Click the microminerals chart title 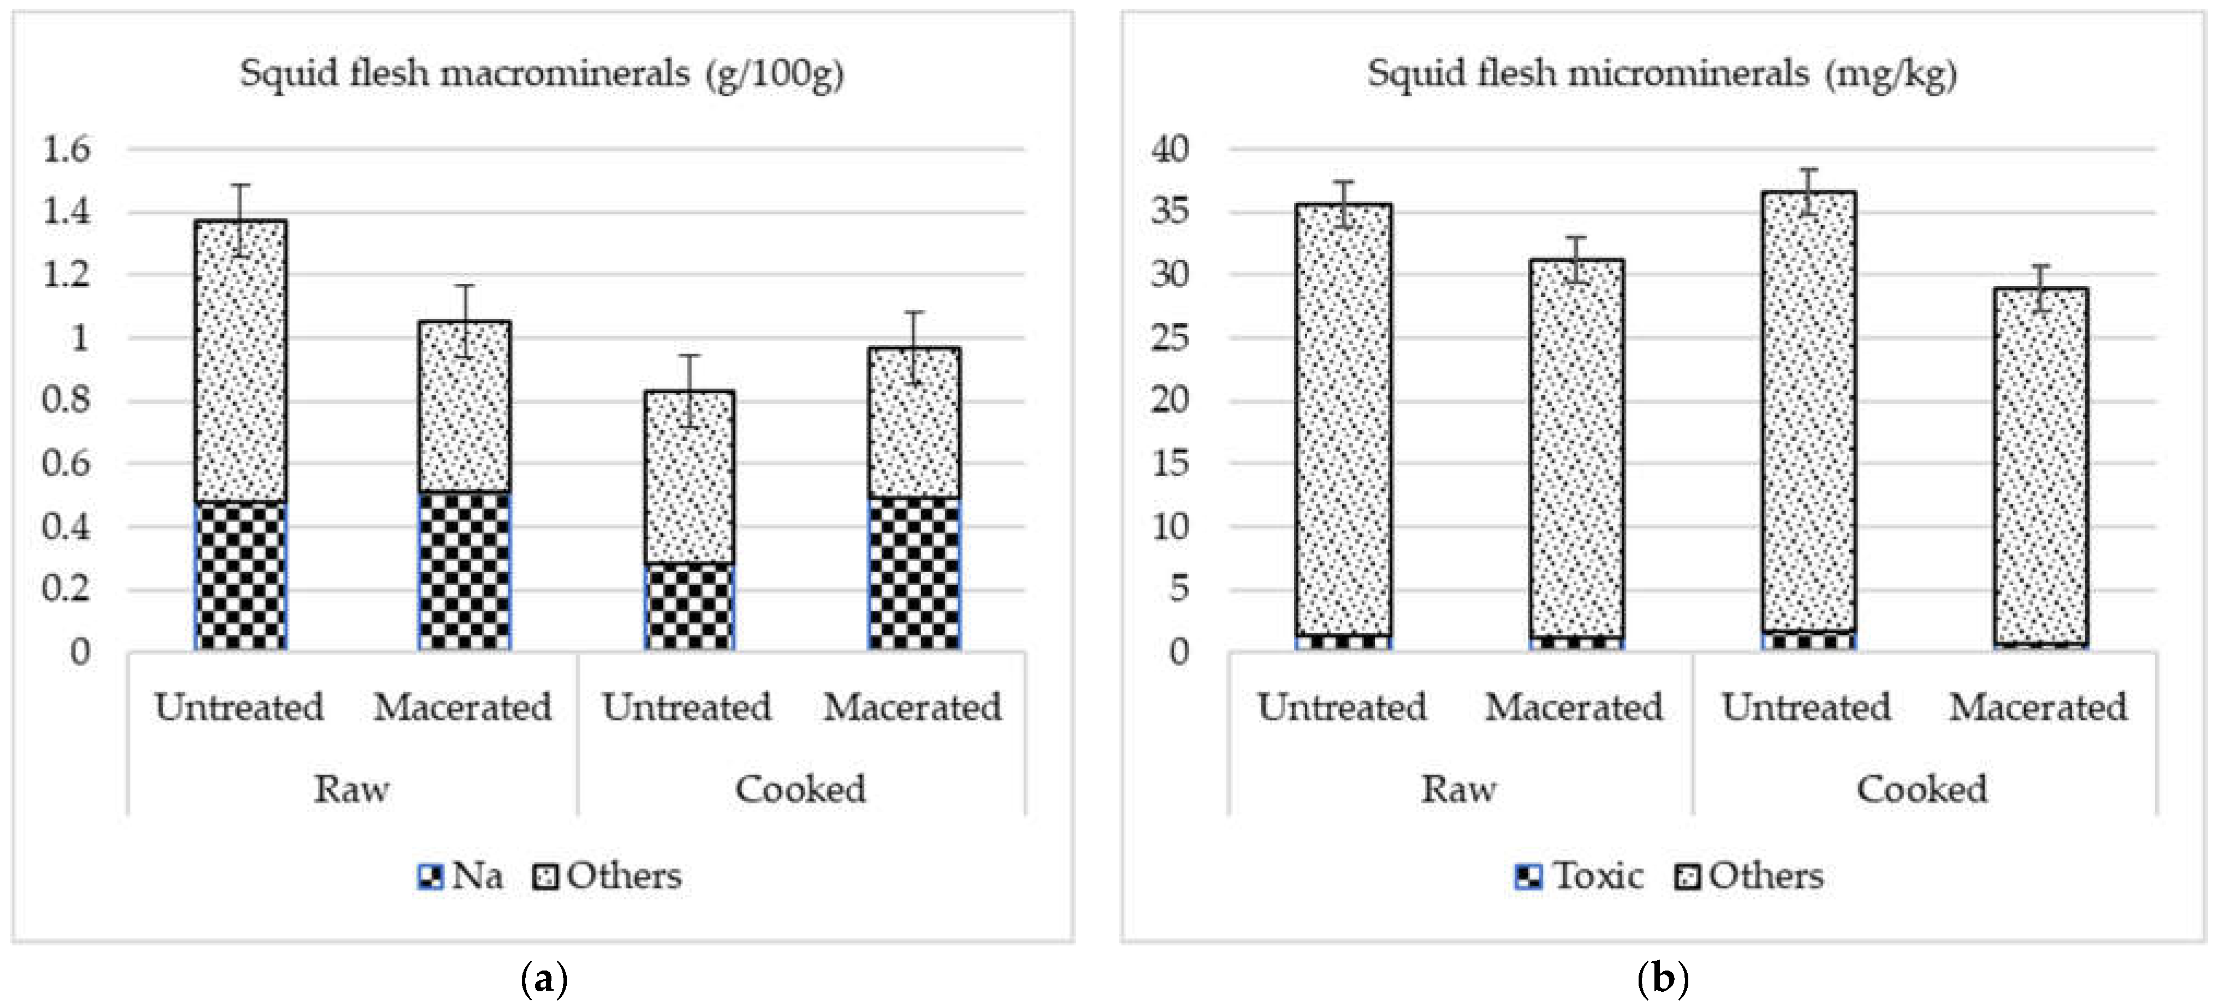[x=1662, y=73]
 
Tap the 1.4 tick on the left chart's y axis [x=66, y=211]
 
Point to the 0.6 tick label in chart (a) [x=66, y=464]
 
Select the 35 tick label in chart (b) [x=1170, y=211]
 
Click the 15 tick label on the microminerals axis [x=1170, y=464]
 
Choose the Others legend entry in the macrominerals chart [x=608, y=876]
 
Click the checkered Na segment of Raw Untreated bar [x=241, y=575]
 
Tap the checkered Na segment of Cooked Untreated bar [x=689, y=606]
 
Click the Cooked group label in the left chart [x=800, y=789]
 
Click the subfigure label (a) [x=544, y=979]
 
